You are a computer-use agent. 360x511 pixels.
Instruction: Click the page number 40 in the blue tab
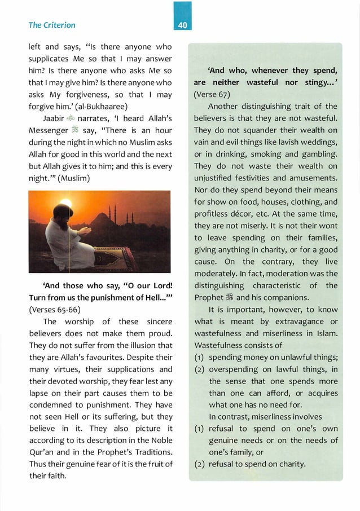point(183,25)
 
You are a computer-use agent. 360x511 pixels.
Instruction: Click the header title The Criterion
point(51,25)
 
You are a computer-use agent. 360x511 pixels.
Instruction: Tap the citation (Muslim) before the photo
point(85,178)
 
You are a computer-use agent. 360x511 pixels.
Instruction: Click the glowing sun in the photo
point(66,204)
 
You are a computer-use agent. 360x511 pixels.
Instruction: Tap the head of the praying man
point(63,216)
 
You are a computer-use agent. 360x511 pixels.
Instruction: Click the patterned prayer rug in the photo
point(113,258)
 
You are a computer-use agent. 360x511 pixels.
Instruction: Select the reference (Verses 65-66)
point(52,309)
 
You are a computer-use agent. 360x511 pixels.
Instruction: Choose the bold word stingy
point(311,83)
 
